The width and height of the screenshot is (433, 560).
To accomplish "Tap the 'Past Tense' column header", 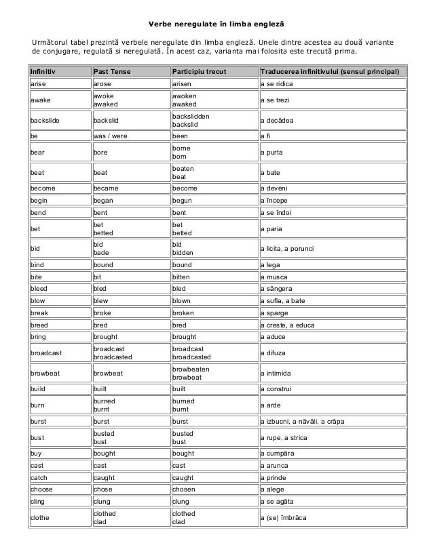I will pos(113,72).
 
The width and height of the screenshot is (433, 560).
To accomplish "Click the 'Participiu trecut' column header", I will pos(199,72).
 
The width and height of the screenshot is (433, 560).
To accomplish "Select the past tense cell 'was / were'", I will pos(111,136).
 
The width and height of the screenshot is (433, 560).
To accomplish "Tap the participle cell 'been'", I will pos(181,136).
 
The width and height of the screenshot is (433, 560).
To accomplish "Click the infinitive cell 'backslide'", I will pos(44,121).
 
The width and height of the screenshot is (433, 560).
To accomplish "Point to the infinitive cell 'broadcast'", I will pos(46,353).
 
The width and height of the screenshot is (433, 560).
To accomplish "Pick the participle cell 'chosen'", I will pos(185,489).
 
